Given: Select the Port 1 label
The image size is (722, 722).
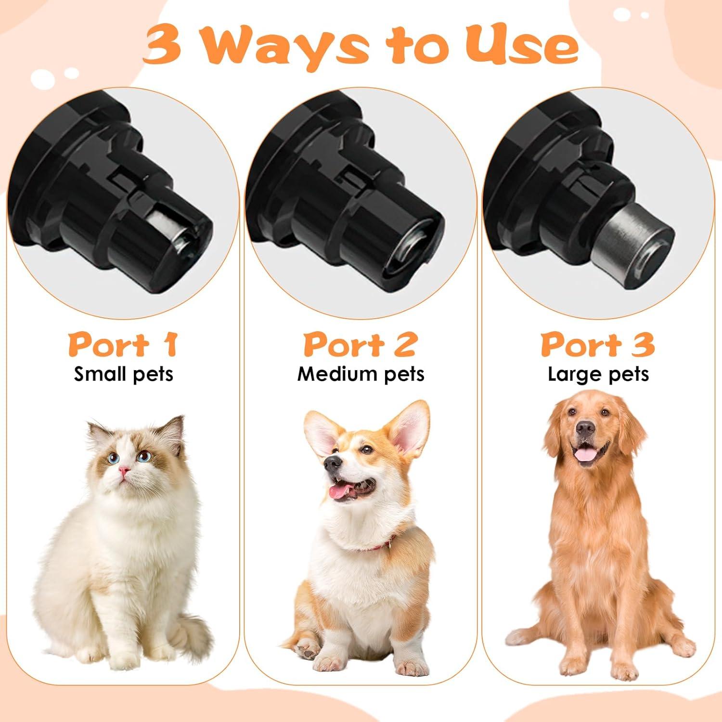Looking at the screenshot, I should pyautogui.click(x=123, y=345).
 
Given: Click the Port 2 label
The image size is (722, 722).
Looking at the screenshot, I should pyautogui.click(x=360, y=345).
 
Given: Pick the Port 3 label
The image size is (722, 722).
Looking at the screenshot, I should pyautogui.click(x=598, y=345).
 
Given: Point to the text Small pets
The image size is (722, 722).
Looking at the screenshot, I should pyautogui.click(x=123, y=374).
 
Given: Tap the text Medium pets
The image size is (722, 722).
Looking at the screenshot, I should pyautogui.click(x=361, y=374).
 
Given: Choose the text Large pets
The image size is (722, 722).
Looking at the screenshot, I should pyautogui.click(x=598, y=374).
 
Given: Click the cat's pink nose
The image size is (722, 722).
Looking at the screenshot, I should pyautogui.click(x=125, y=471).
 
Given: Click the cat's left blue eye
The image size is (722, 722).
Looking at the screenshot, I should pyautogui.click(x=114, y=458).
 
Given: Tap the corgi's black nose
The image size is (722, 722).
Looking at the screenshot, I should pyautogui.click(x=332, y=463).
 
